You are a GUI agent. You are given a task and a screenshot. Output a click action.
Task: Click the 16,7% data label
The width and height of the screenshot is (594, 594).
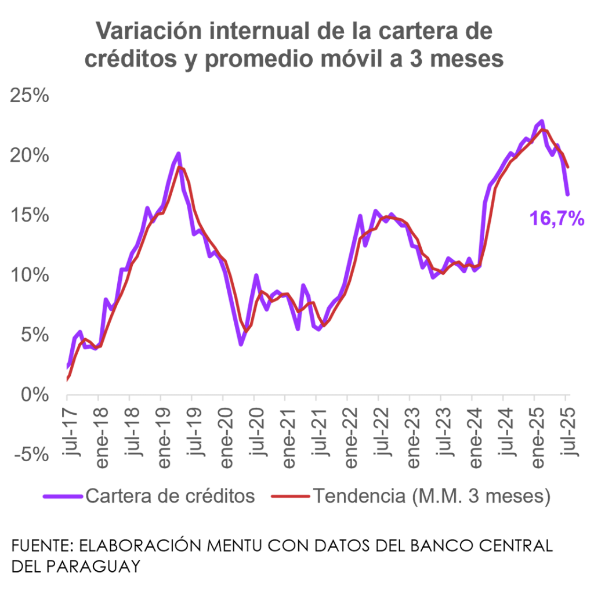pos(556,219)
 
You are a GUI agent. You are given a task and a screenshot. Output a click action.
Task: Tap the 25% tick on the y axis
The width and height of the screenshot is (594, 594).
pos(30,96)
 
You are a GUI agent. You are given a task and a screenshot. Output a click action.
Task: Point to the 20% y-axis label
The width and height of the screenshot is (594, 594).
pos(30,155)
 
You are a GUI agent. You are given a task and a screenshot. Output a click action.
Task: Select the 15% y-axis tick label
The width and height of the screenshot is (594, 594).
pos(30,215)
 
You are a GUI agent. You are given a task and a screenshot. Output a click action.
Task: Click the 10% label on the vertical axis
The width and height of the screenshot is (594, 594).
pos(30,275)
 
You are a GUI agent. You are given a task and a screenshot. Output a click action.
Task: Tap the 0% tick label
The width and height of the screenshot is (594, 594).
pos(35,394)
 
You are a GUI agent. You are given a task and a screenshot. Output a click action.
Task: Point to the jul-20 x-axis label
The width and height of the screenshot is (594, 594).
pos(257,429)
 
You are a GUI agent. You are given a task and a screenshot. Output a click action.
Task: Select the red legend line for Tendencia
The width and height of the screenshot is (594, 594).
pos(291,497)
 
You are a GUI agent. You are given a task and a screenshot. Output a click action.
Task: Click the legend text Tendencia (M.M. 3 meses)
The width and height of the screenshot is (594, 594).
pos(431,497)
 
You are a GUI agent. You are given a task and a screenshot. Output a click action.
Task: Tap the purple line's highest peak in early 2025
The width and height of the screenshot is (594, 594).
pos(541,121)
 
